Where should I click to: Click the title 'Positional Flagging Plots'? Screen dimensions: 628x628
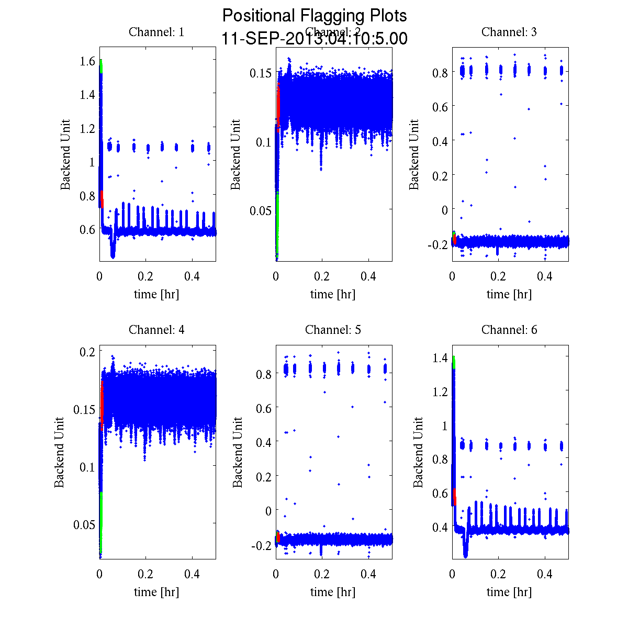[315, 16]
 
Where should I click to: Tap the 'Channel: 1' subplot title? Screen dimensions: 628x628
[156, 32]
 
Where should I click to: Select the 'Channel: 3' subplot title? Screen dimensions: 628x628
[509, 32]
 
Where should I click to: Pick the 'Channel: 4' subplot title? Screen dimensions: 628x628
[156, 330]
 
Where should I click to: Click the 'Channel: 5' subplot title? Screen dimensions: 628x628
[333, 330]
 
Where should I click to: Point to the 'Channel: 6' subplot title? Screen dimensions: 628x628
[509, 330]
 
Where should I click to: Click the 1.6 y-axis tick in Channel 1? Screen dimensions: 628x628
[88, 61]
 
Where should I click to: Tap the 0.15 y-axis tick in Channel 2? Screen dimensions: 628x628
[260, 72]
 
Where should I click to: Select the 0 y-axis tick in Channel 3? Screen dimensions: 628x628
[445, 209]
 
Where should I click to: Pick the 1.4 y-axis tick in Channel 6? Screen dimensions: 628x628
[441, 358]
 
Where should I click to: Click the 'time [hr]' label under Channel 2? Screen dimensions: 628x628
[333, 294]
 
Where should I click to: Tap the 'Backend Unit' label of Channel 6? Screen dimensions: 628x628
[418, 452]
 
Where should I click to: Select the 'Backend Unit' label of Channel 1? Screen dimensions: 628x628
[65, 154]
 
